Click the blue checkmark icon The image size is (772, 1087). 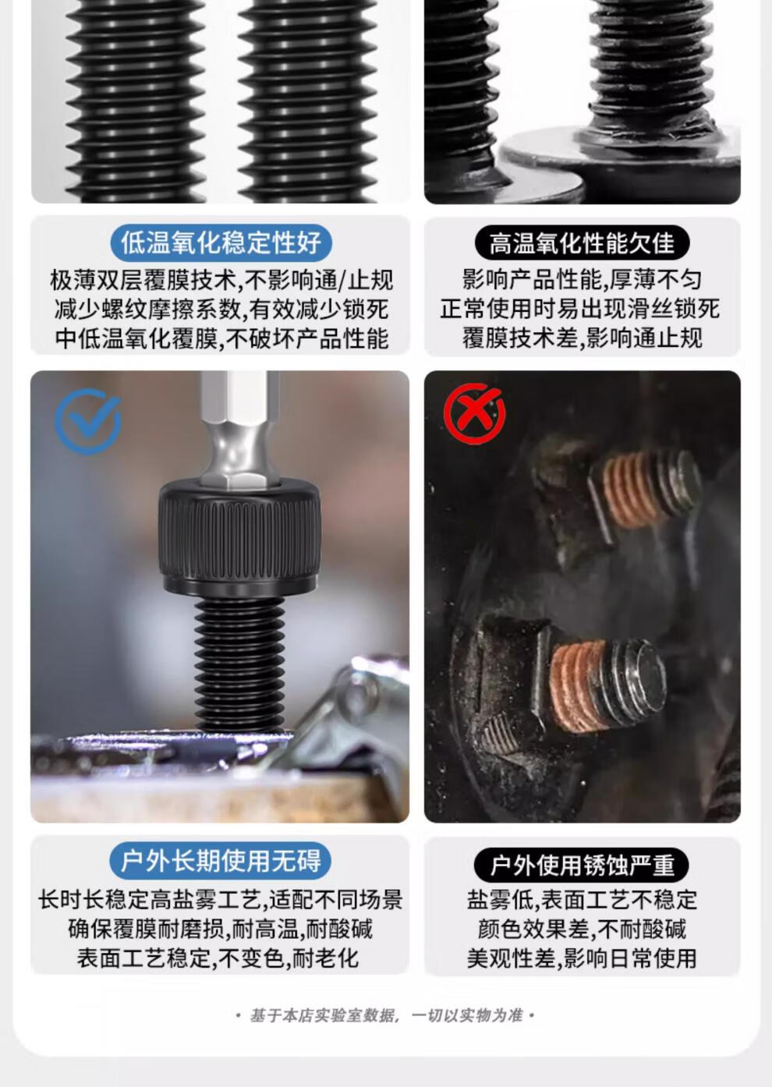tap(88, 421)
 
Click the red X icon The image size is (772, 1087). tap(475, 413)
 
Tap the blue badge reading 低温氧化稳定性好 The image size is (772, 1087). tap(221, 243)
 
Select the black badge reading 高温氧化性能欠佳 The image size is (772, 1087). tap(583, 243)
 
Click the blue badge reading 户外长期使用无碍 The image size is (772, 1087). tap(221, 861)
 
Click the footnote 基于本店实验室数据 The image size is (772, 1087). tap(324, 1015)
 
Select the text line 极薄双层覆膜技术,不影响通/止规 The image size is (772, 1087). tap(221, 281)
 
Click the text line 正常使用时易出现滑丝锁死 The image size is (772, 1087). tap(580, 309)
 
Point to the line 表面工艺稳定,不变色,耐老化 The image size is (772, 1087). tap(218, 958)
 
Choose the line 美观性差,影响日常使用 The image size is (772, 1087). tap(582, 958)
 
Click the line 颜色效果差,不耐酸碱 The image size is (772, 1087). tap(582, 929)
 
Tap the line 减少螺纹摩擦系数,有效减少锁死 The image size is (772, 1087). tap(221, 309)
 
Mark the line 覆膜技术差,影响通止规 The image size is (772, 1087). tap(582, 338)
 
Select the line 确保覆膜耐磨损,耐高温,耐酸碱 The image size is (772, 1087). tap(221, 929)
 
